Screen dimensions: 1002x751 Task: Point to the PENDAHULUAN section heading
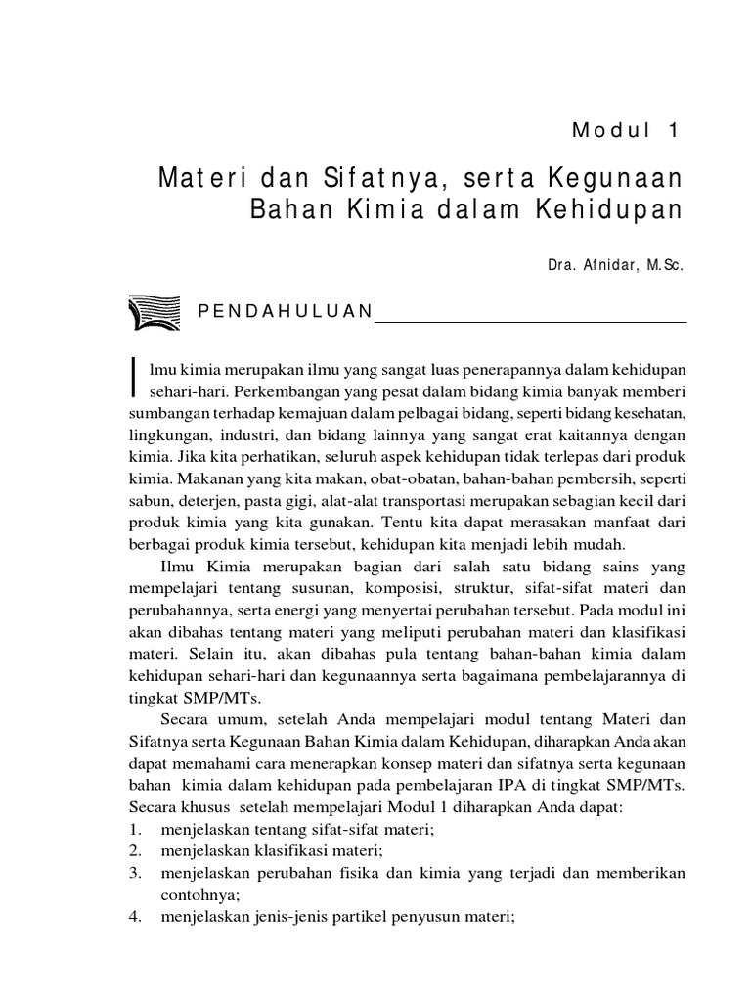tap(285, 312)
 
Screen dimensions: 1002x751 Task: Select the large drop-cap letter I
tap(135, 375)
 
